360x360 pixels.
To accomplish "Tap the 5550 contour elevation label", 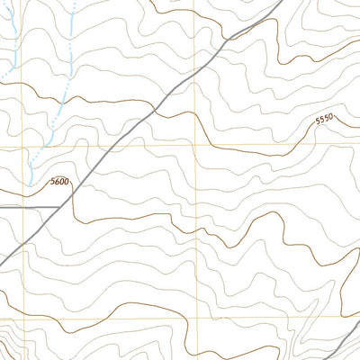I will [x=324, y=118].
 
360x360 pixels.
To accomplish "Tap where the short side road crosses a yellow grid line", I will [x=22, y=207].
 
